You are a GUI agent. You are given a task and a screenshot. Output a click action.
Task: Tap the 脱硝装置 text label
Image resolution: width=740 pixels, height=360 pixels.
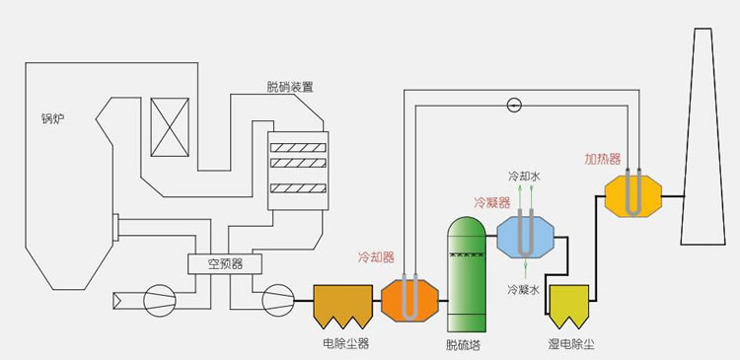(290, 87)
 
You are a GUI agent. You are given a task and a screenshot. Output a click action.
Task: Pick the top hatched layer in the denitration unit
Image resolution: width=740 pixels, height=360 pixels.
(300, 143)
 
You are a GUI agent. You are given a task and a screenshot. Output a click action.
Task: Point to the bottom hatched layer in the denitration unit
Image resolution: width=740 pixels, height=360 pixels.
(300, 187)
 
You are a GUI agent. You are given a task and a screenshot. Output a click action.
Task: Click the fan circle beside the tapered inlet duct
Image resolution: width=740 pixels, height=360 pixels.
(157, 300)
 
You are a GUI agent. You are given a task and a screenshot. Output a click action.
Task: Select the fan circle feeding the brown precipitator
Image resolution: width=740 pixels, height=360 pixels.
(278, 300)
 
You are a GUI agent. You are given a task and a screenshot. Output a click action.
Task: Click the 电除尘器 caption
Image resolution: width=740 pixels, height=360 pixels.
(345, 344)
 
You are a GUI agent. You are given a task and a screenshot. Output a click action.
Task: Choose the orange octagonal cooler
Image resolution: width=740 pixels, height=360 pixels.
(408, 299)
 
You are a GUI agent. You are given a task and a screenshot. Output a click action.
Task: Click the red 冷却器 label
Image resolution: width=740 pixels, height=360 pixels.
(375, 256)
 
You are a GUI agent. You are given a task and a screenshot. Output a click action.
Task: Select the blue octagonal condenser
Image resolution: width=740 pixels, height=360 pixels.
(526, 237)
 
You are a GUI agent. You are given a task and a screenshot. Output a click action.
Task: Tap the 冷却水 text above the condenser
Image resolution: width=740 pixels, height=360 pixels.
(524, 177)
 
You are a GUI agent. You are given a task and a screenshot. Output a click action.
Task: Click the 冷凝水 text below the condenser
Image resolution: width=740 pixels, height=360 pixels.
(523, 290)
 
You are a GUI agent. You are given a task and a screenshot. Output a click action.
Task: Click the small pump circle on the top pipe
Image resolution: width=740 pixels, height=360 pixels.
(512, 106)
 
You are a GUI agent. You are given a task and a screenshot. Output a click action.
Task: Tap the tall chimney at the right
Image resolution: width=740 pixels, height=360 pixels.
(703, 148)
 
